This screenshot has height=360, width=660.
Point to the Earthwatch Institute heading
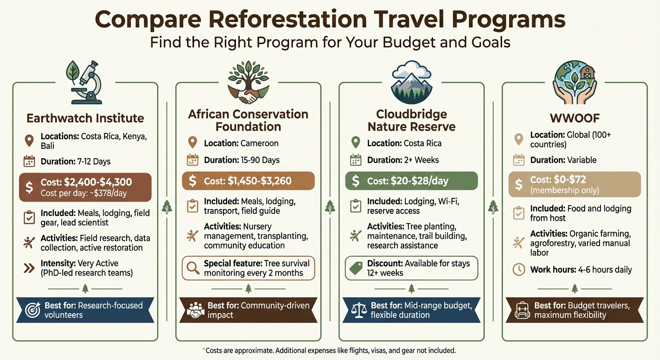point(85,118)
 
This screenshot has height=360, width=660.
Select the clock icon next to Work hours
point(518,270)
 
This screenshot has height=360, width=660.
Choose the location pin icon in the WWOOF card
point(518,139)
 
